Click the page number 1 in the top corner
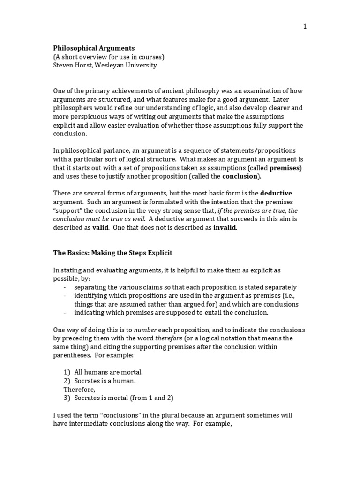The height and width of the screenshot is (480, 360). (305, 27)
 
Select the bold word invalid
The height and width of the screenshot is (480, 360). (225, 227)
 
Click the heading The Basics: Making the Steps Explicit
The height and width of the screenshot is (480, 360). (112, 253)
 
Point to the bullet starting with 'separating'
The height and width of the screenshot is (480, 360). (185, 287)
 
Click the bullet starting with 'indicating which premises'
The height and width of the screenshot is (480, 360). (171, 312)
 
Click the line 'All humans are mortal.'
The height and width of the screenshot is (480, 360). (105, 372)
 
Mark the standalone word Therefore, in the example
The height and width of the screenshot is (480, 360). (79, 389)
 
